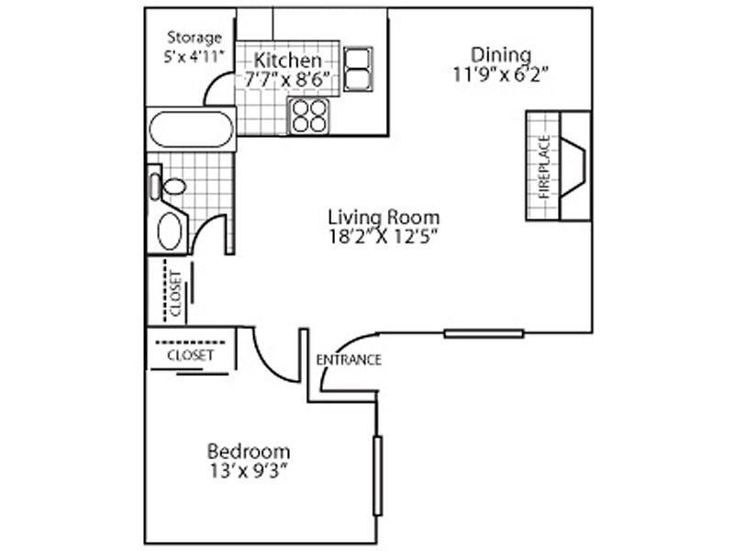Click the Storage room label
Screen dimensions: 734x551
point(195,37)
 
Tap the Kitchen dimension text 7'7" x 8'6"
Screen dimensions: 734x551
point(287,79)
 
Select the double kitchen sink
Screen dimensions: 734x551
point(358,68)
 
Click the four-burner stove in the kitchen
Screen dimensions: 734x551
point(309,116)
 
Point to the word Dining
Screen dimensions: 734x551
point(501,55)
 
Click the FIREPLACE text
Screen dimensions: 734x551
point(544,167)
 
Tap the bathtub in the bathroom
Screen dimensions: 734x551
point(191,129)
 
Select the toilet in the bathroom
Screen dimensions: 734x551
point(167,186)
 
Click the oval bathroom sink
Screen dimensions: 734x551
point(170,231)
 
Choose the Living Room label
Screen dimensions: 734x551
point(384,218)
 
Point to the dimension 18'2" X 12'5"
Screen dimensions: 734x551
point(384,237)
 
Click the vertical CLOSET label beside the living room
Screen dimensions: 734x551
point(175,294)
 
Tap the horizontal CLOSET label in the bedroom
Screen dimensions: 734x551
point(190,355)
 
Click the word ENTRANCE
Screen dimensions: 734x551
point(349,360)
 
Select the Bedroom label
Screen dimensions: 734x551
point(249,452)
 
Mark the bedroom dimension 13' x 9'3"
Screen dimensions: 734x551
point(248,471)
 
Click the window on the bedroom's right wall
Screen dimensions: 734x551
point(377,476)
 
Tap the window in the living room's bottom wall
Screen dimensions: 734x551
point(484,333)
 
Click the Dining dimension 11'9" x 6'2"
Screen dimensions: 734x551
point(500,74)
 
